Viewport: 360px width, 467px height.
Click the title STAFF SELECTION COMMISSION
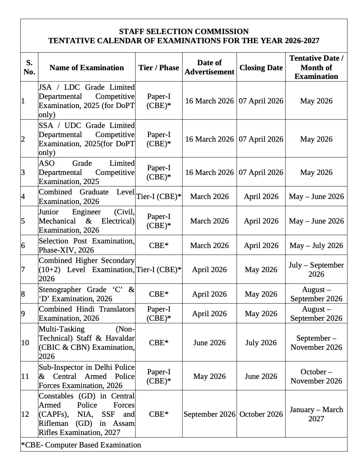pyautogui.click(x=184, y=32)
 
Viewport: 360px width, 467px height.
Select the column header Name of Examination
pyautogui.click(x=86, y=68)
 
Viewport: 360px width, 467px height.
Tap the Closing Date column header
pyautogui.click(x=261, y=68)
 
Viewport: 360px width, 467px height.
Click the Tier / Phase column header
pyautogui.click(x=159, y=68)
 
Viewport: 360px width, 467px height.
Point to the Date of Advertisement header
pyautogui.click(x=210, y=67)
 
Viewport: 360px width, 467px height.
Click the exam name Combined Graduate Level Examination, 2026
pyautogui.click(x=86, y=197)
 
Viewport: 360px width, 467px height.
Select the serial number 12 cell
pyautogui.click(x=25, y=414)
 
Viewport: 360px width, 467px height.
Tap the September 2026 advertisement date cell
pyautogui.click(x=210, y=414)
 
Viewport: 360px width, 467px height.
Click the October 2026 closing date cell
pyautogui.click(x=261, y=414)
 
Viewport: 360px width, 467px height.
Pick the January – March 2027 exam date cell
pyautogui.click(x=316, y=414)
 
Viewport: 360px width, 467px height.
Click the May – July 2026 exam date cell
pyautogui.click(x=316, y=246)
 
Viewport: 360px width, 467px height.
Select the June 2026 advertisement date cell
pyautogui.click(x=210, y=343)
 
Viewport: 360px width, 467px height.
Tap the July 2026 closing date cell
pyautogui.click(x=261, y=343)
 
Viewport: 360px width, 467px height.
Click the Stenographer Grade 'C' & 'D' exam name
pyautogui.click(x=86, y=294)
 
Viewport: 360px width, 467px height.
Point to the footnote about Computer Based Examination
pyautogui.click(x=81, y=445)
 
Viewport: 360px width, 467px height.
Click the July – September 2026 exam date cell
pyautogui.click(x=316, y=270)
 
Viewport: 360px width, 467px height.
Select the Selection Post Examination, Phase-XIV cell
pyautogui.click(x=86, y=246)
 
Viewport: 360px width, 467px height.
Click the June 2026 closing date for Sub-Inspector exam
pyautogui.click(x=261, y=376)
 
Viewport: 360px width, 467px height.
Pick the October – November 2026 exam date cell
pyautogui.click(x=316, y=376)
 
